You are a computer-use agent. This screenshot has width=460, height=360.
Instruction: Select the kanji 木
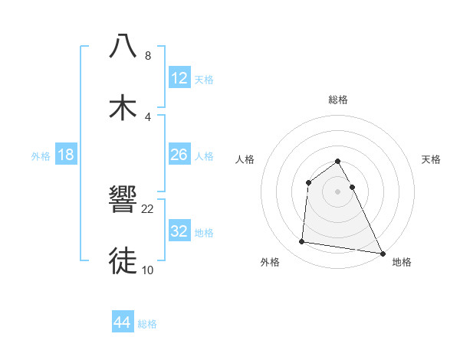pos(123,107)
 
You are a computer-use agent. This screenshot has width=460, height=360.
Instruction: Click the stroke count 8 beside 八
pos(147,56)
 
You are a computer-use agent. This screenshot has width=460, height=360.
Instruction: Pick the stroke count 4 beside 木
pos(147,116)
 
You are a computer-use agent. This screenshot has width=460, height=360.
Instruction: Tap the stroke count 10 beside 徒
pos(148,270)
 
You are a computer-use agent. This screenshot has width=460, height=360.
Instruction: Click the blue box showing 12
pos(179,77)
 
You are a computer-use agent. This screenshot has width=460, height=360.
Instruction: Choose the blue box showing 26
pos(179,155)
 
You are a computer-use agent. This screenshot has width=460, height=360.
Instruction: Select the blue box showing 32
pos(179,231)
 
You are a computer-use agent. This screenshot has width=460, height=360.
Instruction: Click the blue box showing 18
pos(66,155)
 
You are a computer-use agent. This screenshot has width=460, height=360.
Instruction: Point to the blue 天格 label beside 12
pos(204,79)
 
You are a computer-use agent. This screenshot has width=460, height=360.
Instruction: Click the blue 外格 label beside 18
pos(41,156)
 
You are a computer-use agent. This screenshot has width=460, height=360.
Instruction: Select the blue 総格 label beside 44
pos(147,324)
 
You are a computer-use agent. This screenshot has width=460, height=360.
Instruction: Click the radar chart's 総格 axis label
pos(338,100)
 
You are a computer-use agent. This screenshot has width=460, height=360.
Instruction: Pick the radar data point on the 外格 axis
pos(302,242)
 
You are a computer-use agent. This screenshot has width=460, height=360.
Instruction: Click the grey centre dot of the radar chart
pos(338,191)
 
